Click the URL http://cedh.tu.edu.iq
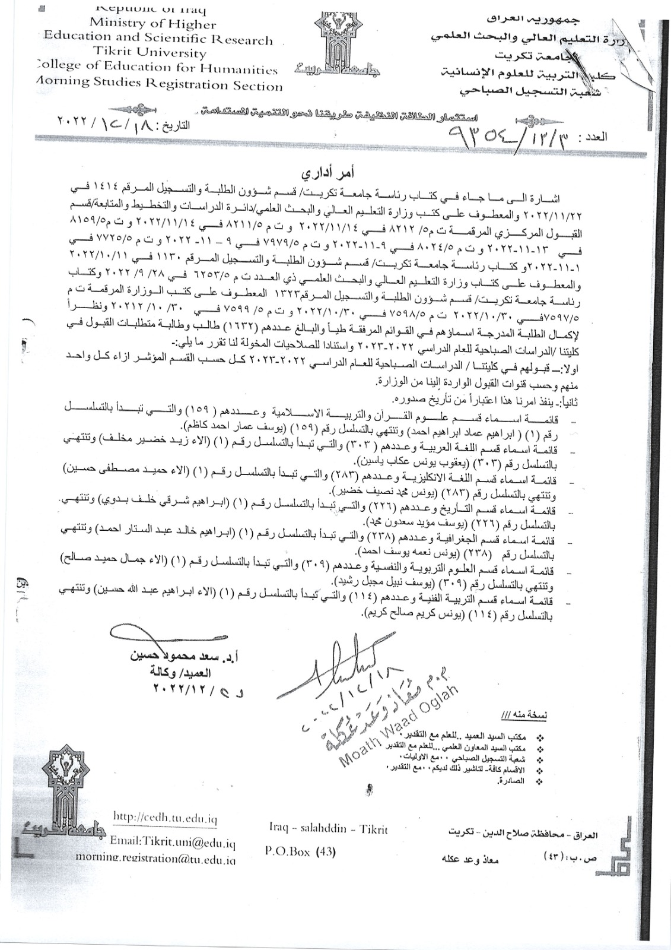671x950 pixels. coord(165,817)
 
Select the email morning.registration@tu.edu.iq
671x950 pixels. coord(155,858)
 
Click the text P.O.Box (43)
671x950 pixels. coord(300,851)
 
